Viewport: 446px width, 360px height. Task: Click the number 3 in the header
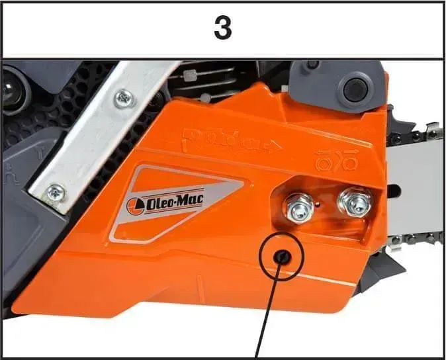(x=223, y=28)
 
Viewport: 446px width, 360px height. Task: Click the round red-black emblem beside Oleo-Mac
(x=135, y=206)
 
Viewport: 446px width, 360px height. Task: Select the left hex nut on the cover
(x=298, y=208)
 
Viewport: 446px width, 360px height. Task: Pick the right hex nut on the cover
(x=355, y=202)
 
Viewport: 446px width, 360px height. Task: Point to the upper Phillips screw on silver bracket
(x=124, y=99)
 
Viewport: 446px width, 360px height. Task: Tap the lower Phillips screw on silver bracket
(x=56, y=193)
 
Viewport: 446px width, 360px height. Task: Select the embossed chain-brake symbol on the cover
(x=336, y=161)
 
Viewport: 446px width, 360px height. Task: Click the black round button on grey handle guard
(x=355, y=89)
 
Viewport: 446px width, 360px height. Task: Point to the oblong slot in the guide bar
(x=393, y=188)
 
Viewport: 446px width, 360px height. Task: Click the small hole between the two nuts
(x=320, y=204)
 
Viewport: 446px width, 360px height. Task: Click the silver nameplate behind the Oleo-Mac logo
(x=177, y=204)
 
